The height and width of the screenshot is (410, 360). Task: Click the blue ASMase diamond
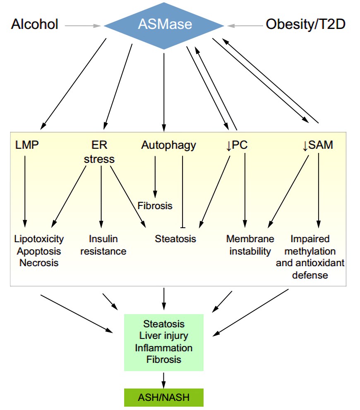coord(164,25)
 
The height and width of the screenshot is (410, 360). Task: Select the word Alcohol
coord(35,24)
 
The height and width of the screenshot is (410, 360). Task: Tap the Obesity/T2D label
coord(305,24)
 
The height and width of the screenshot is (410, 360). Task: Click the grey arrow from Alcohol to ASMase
coord(83,26)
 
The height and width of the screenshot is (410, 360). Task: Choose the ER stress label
coord(99,152)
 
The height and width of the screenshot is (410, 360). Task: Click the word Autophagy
coord(168,145)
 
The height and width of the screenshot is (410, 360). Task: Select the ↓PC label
coord(237,145)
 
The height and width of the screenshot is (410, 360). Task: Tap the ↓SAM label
coord(318,145)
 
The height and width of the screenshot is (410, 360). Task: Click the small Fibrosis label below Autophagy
coord(155,205)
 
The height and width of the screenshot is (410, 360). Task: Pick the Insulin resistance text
coord(103,245)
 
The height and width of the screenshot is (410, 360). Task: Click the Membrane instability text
coord(250,245)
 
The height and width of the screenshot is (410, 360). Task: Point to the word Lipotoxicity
coord(39,238)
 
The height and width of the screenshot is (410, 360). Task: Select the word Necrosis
coord(39,262)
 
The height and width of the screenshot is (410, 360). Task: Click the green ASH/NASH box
coord(164,398)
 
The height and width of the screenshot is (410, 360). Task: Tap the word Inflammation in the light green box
coord(164,348)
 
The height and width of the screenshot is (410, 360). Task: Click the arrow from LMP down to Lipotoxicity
coord(25,190)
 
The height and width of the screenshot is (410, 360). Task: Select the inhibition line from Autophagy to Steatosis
coord(182,190)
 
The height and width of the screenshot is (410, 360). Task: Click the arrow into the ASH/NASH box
coord(164,379)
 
